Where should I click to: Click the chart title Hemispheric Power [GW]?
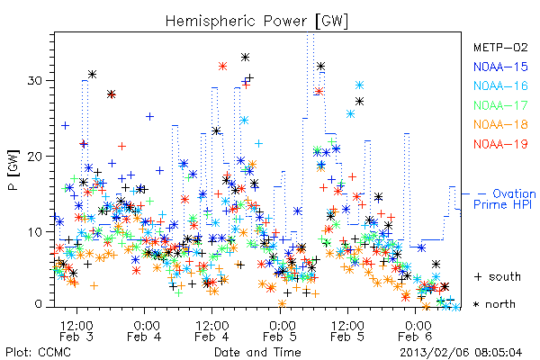point(256,22)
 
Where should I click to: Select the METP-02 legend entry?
point(500,47)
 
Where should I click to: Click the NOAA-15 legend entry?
point(500,67)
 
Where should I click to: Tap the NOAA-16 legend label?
point(500,85)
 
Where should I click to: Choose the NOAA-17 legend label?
point(500,105)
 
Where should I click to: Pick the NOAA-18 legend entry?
point(500,124)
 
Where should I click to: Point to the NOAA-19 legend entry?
point(500,144)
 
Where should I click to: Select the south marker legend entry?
point(498,276)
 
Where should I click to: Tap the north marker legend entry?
point(494,304)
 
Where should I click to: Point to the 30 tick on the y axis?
point(34,81)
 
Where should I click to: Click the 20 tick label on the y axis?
point(34,157)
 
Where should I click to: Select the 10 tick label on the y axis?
point(34,232)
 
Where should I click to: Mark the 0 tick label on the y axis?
point(38,304)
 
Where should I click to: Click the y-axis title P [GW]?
point(13,170)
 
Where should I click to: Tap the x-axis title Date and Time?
point(257,352)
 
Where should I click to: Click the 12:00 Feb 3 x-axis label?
point(76,331)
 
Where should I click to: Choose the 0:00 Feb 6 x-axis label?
point(415,331)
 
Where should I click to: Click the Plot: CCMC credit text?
point(38,353)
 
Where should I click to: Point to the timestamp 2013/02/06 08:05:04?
point(461,353)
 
